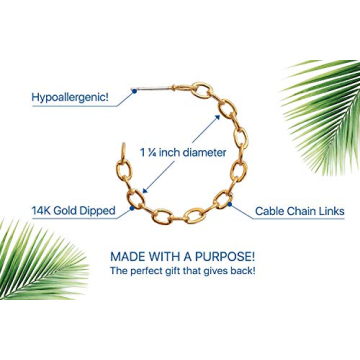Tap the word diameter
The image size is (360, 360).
tap(203, 153)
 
